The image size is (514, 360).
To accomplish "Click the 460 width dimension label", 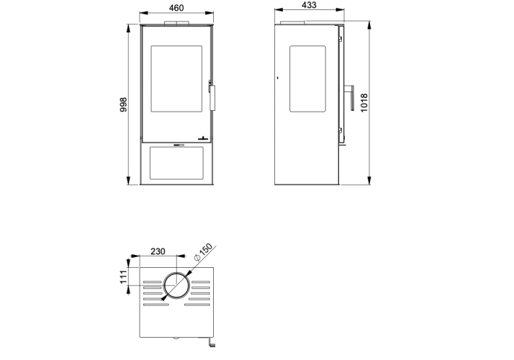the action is [x=176, y=7].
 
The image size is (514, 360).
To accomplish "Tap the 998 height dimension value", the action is [x=123, y=104].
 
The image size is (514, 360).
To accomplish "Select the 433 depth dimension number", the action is [x=309, y=5].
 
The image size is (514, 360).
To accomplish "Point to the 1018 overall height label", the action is [x=364, y=103].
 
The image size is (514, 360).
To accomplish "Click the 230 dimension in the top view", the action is [x=158, y=251].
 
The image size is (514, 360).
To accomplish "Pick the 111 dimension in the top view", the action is [x=123, y=277].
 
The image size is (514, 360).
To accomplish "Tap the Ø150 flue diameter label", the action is [x=203, y=252].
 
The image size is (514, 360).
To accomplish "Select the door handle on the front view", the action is [x=212, y=97].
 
